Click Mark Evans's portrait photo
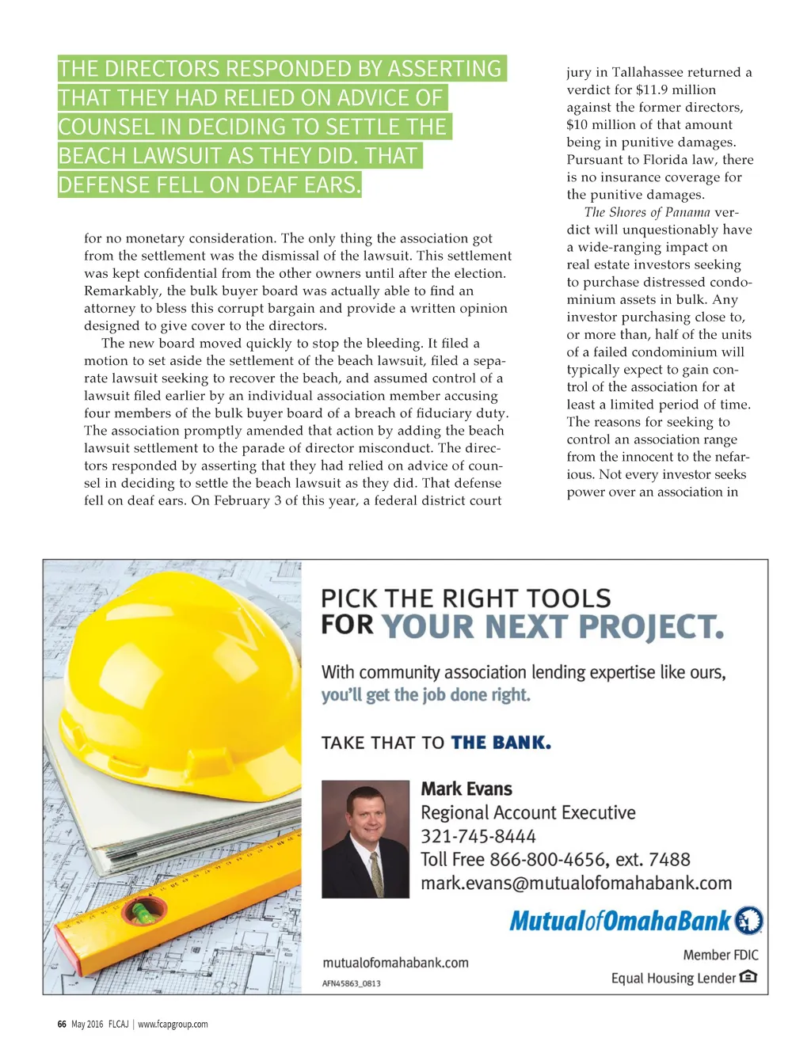365,839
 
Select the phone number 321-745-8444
478,836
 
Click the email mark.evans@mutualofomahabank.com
576,883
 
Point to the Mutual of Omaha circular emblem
749,921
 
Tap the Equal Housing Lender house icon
748,977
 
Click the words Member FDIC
720,955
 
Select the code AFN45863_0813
351,983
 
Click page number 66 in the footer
62,1024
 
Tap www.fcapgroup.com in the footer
173,1024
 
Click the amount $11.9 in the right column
651,89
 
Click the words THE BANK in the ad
501,743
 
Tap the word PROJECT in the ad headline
651,627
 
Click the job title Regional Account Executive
527,812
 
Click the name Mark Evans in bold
466,789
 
